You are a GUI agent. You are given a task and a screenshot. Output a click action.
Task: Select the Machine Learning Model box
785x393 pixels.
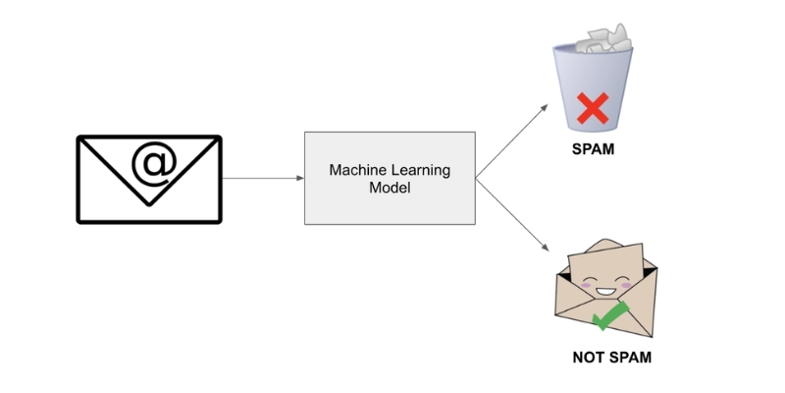390,178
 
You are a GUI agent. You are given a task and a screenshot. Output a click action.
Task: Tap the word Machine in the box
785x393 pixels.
358,170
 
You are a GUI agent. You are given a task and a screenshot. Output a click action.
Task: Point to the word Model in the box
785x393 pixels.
390,188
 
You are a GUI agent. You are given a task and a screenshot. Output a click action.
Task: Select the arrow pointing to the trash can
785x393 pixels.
511,140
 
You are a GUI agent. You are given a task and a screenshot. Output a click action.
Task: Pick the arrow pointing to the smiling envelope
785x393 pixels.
511,216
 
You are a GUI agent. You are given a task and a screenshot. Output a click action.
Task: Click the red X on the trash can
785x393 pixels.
592,107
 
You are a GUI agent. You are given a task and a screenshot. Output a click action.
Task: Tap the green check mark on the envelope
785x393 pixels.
611,314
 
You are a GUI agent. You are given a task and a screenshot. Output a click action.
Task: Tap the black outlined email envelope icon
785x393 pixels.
149,179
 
